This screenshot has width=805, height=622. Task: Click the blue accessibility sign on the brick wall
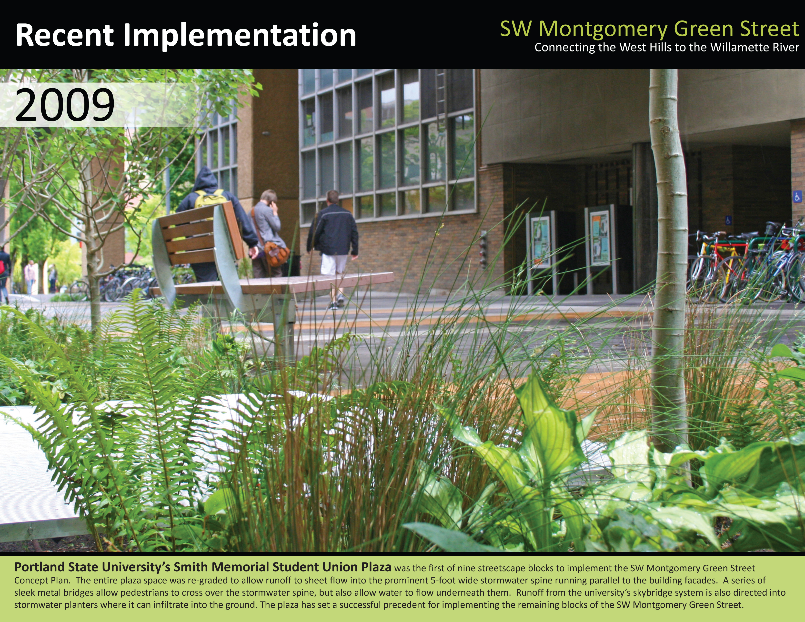pos(797,196)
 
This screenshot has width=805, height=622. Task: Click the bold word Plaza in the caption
pos(376,567)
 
